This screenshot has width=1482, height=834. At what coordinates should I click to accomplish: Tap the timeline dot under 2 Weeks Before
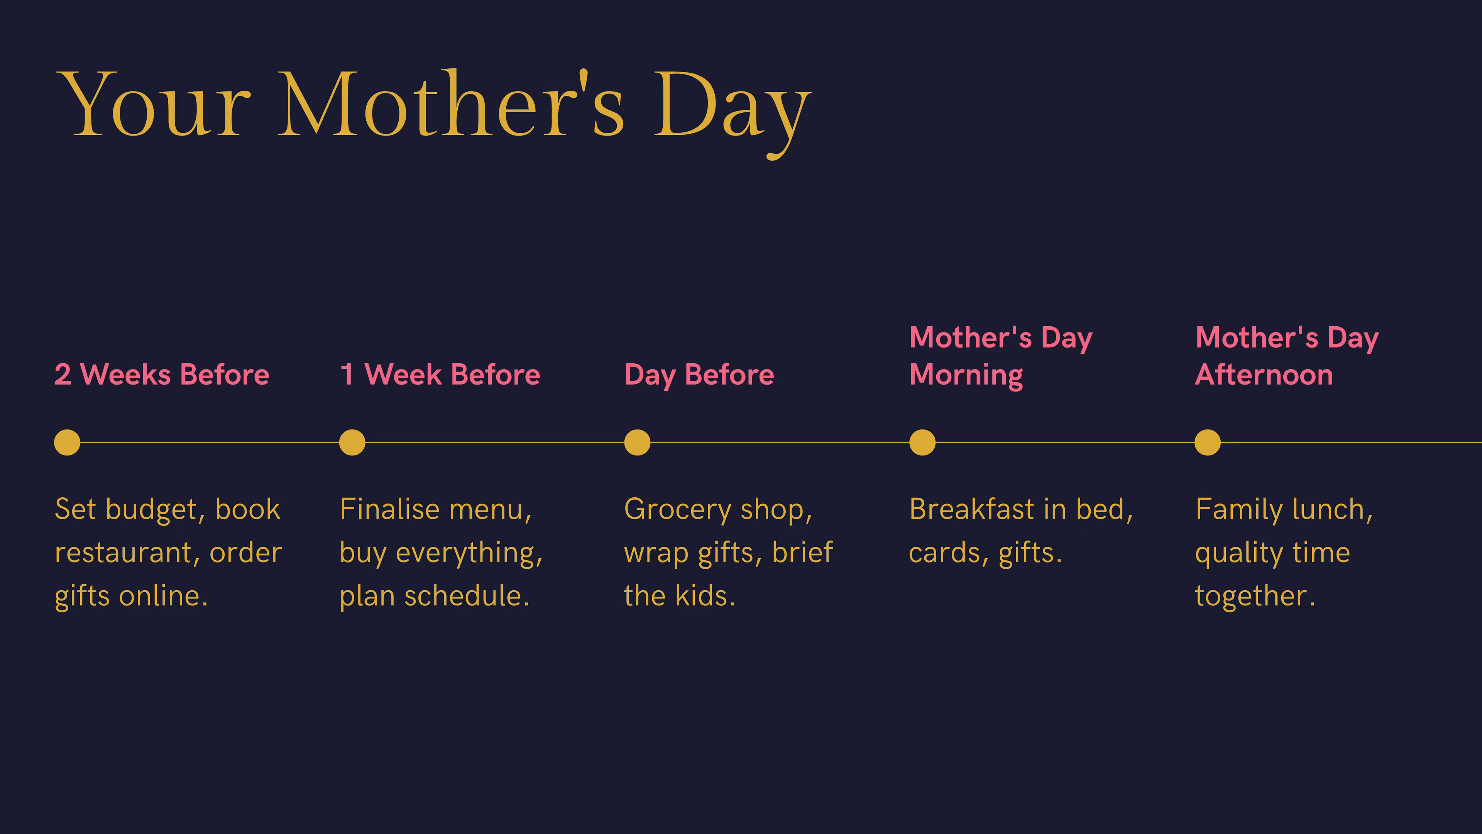point(67,442)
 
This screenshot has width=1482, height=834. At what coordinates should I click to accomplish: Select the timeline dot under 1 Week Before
point(352,442)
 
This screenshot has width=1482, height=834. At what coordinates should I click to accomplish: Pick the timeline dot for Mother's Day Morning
point(922,442)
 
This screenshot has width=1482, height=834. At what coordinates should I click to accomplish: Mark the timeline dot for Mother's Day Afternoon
point(1208,442)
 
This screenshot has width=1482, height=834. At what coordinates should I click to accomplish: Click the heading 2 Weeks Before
point(162,374)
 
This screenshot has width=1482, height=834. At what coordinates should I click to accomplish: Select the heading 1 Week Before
point(440,374)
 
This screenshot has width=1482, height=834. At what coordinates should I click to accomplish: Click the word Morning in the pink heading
point(966,376)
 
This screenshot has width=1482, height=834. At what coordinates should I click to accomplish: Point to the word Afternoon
point(1264,374)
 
